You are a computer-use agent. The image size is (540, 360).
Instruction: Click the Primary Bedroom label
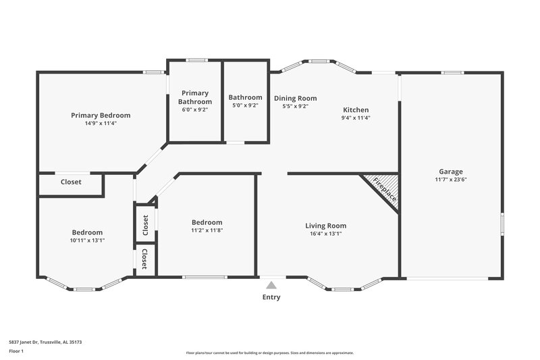pos(101,115)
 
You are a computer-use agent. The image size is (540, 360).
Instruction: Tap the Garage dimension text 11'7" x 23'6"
pos(450,180)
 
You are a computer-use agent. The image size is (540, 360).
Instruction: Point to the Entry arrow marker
pos(272,285)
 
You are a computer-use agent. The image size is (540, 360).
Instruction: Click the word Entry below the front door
pos(271,297)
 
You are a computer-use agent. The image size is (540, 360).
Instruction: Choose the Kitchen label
pos(356,109)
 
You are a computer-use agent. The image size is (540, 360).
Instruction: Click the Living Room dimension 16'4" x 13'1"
pos(325,234)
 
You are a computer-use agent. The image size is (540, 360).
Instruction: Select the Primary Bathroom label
pos(194,97)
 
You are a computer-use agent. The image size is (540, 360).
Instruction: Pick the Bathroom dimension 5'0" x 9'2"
pos(245,105)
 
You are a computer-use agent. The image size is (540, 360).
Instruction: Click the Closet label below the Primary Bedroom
pos(71,182)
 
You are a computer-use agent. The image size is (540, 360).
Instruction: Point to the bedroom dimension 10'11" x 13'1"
pos(87,240)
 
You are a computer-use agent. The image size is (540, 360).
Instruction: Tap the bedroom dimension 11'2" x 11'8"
pos(207,230)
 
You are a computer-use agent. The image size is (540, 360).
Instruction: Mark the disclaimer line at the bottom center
pos(269,353)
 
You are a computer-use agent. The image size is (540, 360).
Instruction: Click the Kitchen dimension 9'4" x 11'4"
pos(356,118)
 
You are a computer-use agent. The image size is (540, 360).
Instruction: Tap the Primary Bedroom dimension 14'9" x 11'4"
pos(101,124)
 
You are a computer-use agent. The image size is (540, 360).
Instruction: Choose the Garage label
pos(450,172)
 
